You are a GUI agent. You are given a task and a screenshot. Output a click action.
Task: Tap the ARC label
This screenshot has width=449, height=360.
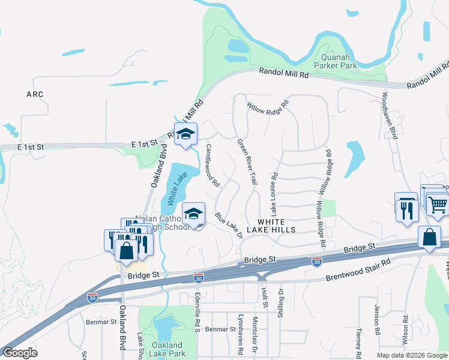click(x=35, y=94)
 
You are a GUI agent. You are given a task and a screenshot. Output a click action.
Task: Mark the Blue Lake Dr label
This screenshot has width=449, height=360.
click(x=228, y=225)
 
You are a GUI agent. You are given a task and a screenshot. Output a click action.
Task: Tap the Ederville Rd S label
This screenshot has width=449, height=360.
click(x=197, y=310)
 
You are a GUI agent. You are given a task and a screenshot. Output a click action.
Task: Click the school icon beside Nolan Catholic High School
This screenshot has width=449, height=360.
click(x=193, y=215)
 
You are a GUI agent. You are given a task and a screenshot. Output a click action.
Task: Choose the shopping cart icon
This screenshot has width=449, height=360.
click(x=437, y=205)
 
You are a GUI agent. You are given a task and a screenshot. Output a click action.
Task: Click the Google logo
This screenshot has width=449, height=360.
click(x=19, y=353)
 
